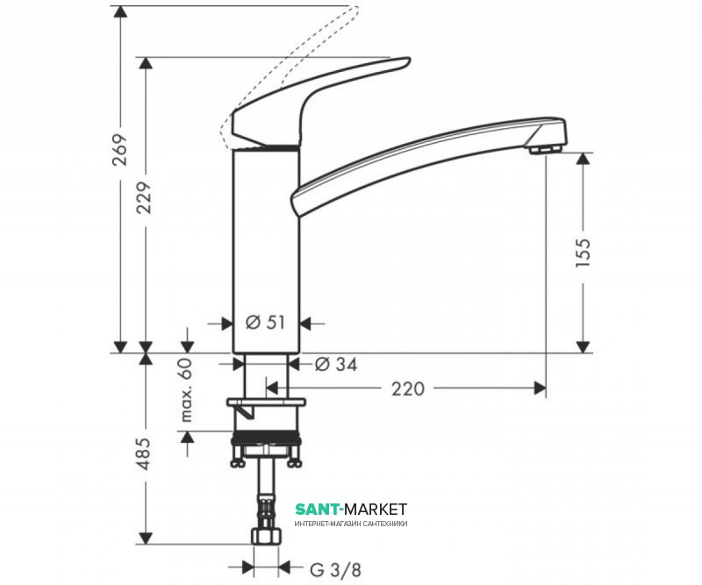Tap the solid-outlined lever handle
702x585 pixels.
coord(298,105)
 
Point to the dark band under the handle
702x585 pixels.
coord(267,147)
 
